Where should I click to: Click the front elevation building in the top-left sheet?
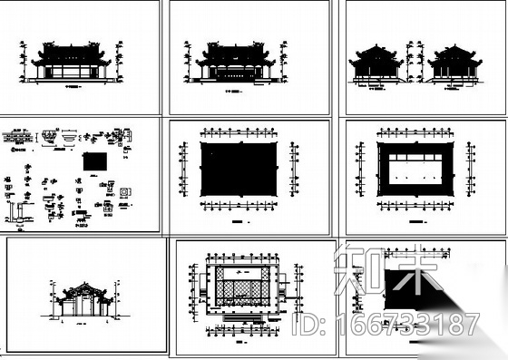click(x=72, y=62)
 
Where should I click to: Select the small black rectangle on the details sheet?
click(x=93, y=162)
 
